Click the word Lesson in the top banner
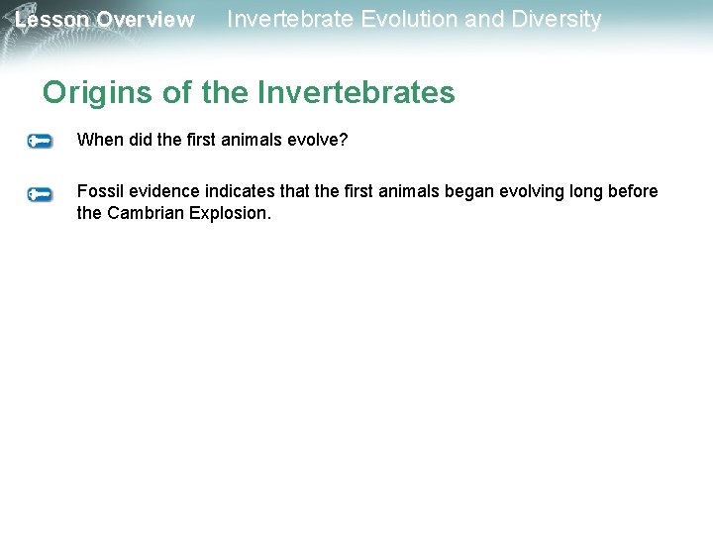pos(52,20)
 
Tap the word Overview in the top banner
pos(146,20)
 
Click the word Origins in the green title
pos(96,93)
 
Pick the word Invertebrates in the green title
pos(356,93)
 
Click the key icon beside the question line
pos(40,142)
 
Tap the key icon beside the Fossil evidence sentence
pos(40,194)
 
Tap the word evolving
pos(496,191)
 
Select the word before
pos(634,191)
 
